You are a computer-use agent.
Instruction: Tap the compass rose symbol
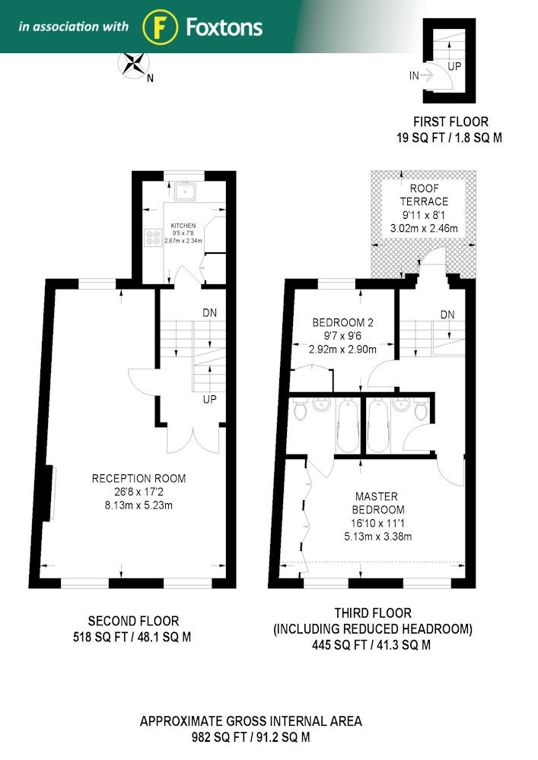(135, 65)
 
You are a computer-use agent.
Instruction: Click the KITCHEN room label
(183, 226)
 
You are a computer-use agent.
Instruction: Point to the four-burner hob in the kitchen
(153, 237)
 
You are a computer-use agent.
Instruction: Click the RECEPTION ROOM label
(138, 478)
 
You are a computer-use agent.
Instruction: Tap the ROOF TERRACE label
(424, 195)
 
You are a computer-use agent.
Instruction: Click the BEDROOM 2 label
(343, 322)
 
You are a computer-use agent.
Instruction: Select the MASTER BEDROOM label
(377, 503)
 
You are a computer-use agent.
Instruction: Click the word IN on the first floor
(414, 75)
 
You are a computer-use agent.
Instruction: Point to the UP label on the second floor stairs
(209, 400)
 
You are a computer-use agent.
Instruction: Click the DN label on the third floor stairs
(447, 315)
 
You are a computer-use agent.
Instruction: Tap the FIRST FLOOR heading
(450, 122)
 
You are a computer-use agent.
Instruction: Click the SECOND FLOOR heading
(133, 621)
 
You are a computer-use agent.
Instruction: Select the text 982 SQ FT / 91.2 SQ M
(251, 738)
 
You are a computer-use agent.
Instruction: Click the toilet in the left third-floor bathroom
(300, 410)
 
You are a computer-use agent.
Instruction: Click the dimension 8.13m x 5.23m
(138, 505)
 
